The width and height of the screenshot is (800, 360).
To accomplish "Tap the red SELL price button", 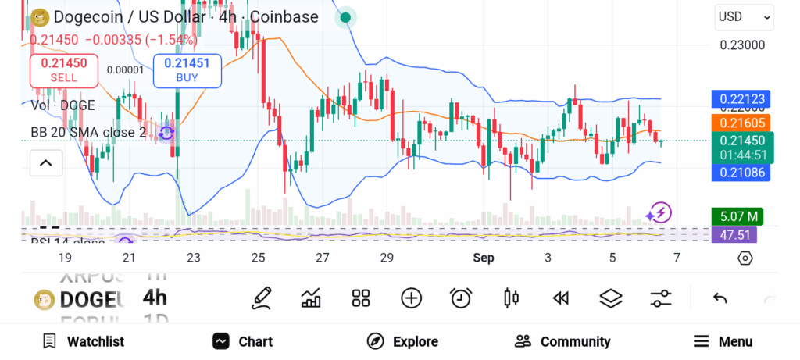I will tap(63, 70).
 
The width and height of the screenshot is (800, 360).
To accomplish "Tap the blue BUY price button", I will tap(187, 70).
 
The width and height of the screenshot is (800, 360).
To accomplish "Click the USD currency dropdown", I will tap(744, 16).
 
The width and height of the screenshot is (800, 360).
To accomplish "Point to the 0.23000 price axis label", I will tap(742, 45).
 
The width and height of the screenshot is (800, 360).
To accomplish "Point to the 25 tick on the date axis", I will tap(258, 258).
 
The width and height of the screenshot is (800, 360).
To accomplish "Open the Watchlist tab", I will tap(84, 341).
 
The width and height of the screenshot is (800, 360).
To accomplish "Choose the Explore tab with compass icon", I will tap(403, 341).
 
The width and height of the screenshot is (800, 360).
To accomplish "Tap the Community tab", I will tap(562, 341).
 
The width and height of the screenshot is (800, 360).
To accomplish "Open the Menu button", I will tap(723, 341).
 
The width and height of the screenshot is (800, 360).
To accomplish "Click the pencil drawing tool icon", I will tap(262, 298).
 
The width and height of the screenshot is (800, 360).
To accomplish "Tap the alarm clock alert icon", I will tap(461, 298).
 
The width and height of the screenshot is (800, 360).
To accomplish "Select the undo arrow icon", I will tap(720, 298).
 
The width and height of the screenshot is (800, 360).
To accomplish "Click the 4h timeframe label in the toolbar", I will tap(155, 298).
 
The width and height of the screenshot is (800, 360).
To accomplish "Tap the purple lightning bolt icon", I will tap(659, 212).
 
